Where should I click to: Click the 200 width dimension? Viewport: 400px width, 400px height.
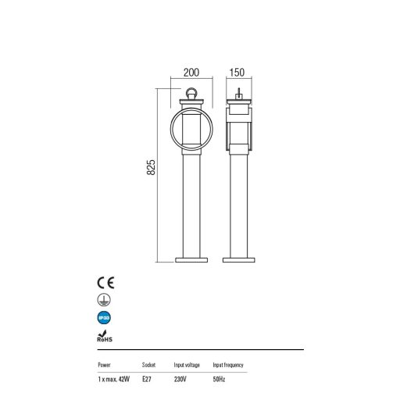pos(191,73)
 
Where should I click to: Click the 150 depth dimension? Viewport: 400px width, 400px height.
pos(237,73)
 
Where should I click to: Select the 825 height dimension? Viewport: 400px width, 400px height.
pos(151,167)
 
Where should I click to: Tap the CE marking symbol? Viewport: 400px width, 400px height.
pos(105,283)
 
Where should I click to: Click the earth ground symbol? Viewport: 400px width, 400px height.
pos(104,300)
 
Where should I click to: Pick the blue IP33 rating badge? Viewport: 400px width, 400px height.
pos(104,318)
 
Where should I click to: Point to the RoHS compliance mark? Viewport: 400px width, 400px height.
pos(105,336)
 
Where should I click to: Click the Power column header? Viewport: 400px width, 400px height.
pos(105,365)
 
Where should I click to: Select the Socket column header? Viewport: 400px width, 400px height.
pos(148,365)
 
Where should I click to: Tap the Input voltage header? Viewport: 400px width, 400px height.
pos(187,365)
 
